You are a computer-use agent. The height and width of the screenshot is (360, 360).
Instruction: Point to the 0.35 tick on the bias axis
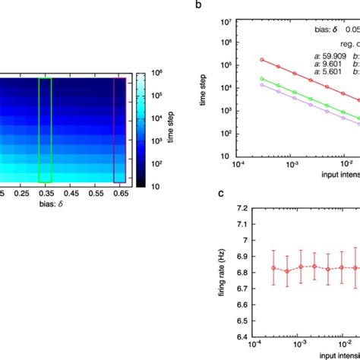click(45, 194)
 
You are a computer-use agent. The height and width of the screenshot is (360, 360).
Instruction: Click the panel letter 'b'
click(199, 5)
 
